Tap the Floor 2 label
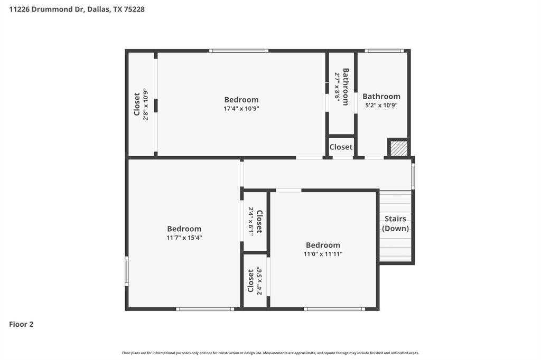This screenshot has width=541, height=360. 21,325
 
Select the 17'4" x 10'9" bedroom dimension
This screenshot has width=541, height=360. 241,109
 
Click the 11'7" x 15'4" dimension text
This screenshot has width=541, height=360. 184,238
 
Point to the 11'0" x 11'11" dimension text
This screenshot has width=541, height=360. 323,254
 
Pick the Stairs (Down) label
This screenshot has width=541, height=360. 395,224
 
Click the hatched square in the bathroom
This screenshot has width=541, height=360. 398,148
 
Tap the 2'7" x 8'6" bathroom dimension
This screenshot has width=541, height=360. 337,87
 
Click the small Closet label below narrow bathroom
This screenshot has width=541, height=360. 341,147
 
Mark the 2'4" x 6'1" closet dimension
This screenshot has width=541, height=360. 251,221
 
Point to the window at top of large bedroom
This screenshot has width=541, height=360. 238,51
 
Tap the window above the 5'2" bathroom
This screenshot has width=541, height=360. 384,51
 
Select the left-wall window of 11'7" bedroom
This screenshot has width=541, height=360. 127,271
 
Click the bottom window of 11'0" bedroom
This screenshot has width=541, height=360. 334,309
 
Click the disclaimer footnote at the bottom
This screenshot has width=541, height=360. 270,353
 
